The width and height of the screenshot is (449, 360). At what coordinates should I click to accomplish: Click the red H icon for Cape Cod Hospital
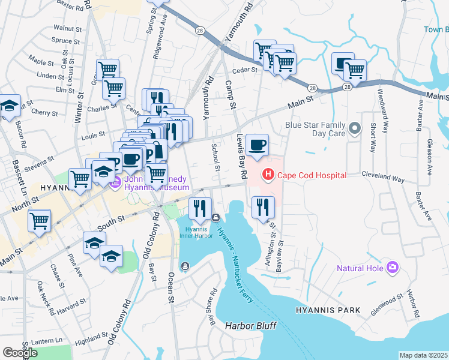268,175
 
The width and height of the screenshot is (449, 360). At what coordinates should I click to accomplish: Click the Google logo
20,352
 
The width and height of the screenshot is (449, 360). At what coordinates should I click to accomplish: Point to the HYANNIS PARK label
328,310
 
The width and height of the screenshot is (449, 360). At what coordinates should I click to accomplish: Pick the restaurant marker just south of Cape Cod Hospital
263,208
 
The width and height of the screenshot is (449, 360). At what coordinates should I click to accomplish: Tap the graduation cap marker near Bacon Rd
9,106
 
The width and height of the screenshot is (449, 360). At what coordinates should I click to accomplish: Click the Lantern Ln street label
50,341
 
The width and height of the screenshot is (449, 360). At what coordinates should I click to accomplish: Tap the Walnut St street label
67,28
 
